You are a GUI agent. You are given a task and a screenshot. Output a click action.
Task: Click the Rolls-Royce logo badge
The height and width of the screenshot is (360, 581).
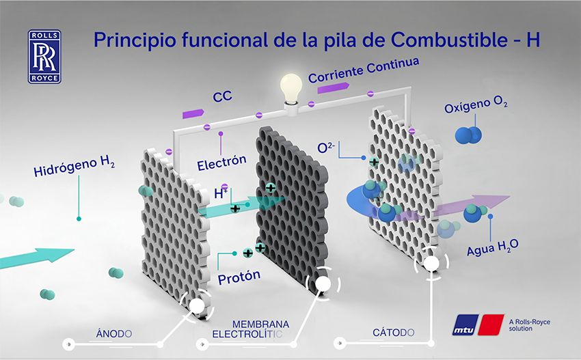[x=44, y=57]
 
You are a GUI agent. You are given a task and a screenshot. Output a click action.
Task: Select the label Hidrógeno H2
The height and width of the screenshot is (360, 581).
[x=74, y=166]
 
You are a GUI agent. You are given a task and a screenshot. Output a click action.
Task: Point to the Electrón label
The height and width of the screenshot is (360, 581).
[x=221, y=163]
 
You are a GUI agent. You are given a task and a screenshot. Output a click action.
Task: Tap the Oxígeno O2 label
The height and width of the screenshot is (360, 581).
[x=476, y=105]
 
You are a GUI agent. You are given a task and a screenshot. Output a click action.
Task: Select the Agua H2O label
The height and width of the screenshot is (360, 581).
[x=492, y=247]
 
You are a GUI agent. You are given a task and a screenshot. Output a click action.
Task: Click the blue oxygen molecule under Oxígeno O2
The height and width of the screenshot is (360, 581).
[x=468, y=135]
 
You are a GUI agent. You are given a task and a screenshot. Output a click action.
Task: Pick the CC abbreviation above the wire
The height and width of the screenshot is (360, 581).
[x=222, y=97]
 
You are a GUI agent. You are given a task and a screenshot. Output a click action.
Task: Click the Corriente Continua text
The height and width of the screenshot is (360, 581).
[x=364, y=70]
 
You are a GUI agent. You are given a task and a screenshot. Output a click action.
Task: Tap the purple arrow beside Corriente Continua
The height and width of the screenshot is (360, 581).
[x=333, y=87]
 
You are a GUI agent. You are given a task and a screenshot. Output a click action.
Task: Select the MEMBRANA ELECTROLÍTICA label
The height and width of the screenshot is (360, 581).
[x=250, y=329]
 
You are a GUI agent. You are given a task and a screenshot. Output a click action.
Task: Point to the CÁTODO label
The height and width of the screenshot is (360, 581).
[x=394, y=333]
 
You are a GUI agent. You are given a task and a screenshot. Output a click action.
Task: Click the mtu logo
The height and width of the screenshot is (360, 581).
[x=478, y=324]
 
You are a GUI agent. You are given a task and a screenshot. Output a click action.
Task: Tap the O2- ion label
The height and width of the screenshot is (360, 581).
[x=326, y=148]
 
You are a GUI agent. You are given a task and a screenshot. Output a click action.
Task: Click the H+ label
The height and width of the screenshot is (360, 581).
[x=221, y=193]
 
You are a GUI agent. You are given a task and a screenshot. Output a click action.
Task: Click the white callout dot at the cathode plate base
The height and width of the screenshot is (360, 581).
[x=431, y=264]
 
